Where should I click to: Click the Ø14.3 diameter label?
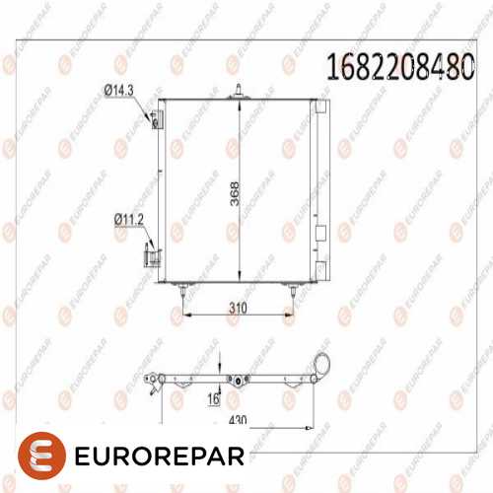point(119,90)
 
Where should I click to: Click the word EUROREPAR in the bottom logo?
point(158,460)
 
